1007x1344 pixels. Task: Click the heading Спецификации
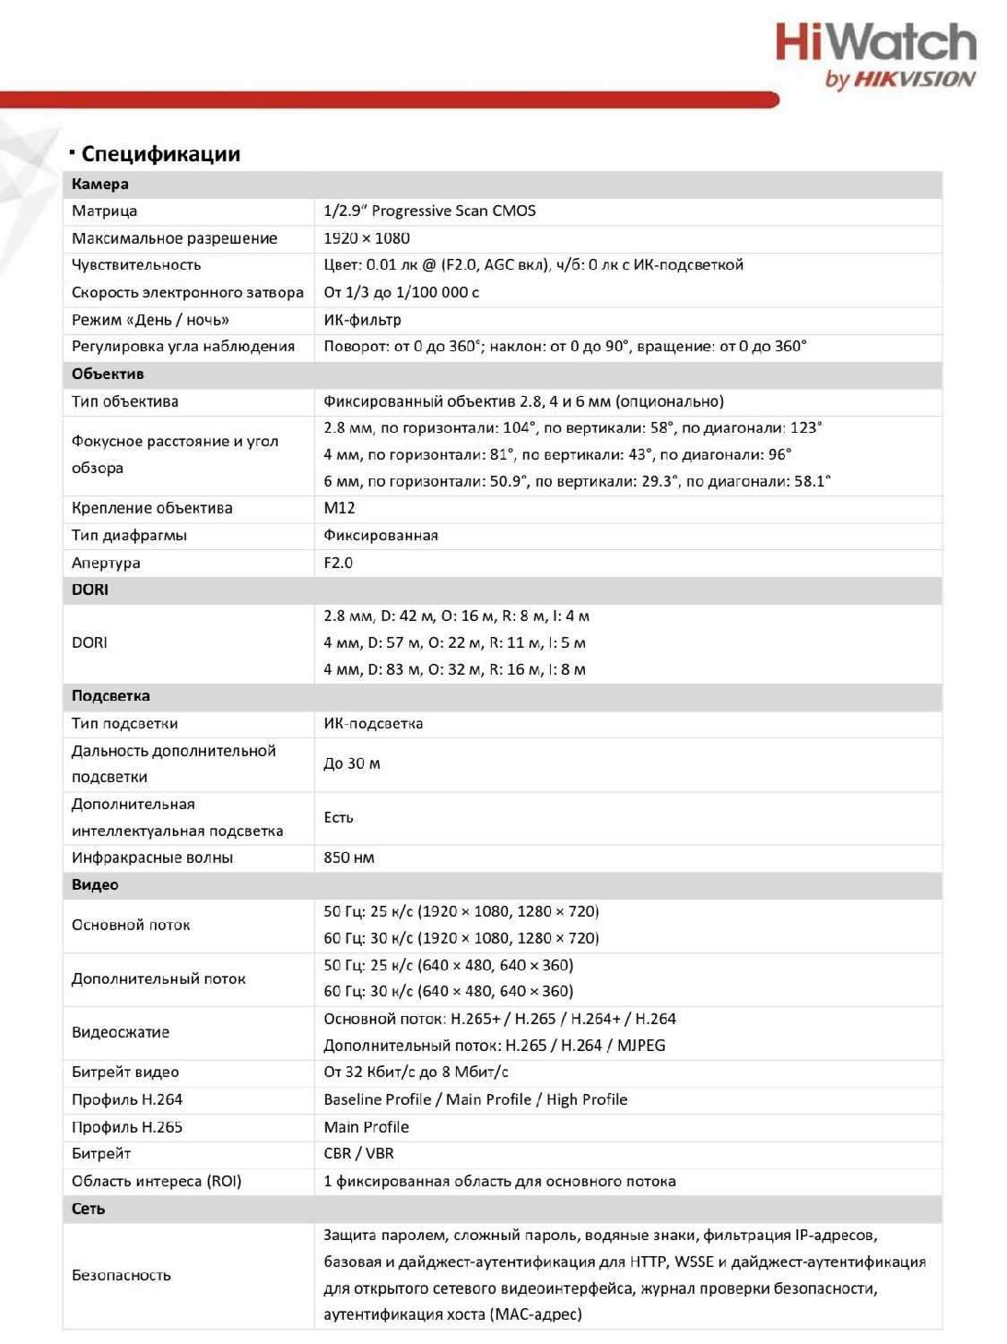(x=160, y=154)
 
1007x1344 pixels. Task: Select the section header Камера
(x=100, y=185)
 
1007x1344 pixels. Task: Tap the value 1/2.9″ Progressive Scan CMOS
(x=429, y=211)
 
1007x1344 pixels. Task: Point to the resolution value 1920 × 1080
(x=366, y=238)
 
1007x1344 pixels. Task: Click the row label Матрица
(x=105, y=211)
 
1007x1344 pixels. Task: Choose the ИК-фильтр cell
(x=362, y=320)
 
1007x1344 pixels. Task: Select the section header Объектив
(x=108, y=375)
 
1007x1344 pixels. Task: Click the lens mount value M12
(x=339, y=508)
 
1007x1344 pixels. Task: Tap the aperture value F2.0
(x=338, y=563)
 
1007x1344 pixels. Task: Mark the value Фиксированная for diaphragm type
(x=381, y=536)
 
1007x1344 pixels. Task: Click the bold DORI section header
(x=90, y=590)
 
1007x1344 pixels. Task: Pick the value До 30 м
(x=351, y=764)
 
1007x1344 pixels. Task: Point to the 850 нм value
(x=349, y=858)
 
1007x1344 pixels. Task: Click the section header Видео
(x=95, y=885)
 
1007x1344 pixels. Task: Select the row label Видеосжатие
(x=121, y=1032)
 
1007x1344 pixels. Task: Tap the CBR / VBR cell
(x=358, y=1154)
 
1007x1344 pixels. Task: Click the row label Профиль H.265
(x=127, y=1127)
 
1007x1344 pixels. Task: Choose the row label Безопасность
(x=121, y=1275)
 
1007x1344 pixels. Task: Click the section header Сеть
(x=88, y=1210)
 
